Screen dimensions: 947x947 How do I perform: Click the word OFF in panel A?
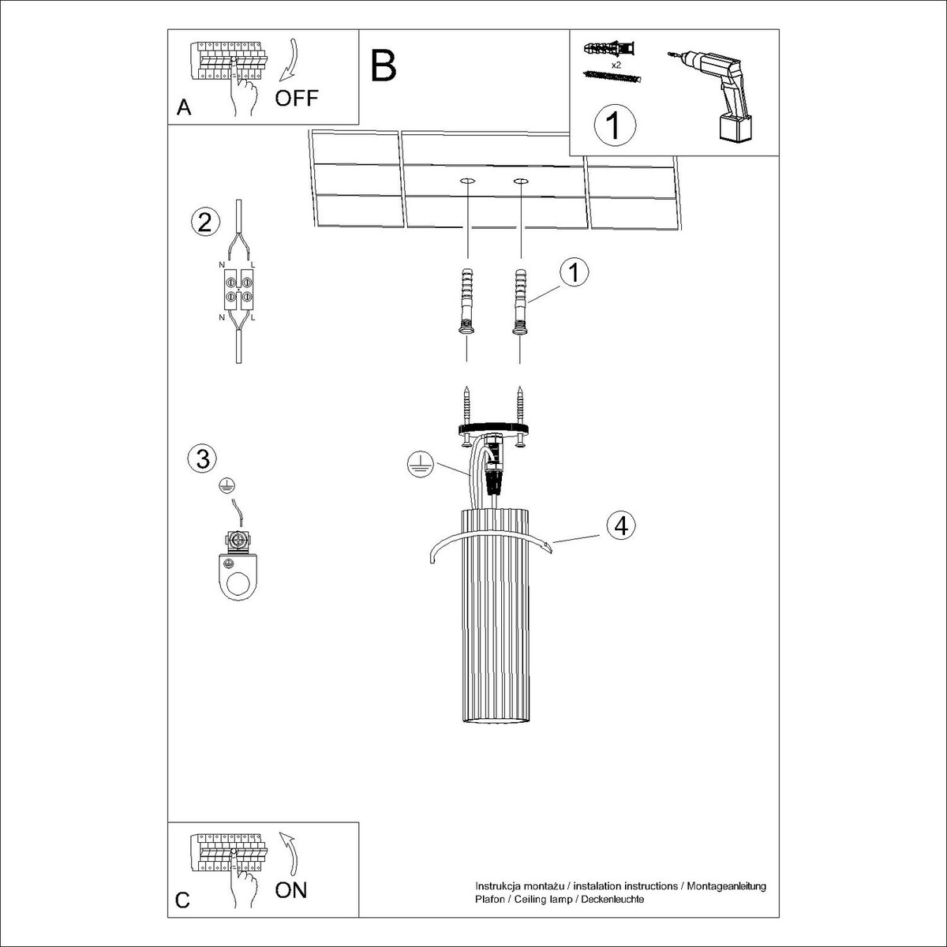[x=297, y=99]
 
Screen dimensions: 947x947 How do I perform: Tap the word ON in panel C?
[x=291, y=890]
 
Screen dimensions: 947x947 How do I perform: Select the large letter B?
[x=384, y=66]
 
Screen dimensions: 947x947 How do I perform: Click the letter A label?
[x=184, y=107]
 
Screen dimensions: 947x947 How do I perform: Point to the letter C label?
[x=182, y=900]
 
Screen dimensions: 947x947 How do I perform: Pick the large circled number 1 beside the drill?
[x=615, y=125]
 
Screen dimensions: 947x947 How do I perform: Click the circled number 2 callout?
[x=204, y=222]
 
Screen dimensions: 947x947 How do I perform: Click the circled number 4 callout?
[x=621, y=526]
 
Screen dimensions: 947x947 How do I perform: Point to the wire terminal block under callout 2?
[x=238, y=289]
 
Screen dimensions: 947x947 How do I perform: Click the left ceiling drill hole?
[x=467, y=182]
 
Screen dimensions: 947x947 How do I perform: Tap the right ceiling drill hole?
[x=521, y=182]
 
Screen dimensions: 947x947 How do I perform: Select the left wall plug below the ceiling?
[x=467, y=301]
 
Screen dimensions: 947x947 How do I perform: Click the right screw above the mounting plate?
[x=519, y=405]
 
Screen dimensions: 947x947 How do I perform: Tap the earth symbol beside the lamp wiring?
[x=419, y=464]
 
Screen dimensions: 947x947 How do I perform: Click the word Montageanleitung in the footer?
[x=726, y=886]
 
